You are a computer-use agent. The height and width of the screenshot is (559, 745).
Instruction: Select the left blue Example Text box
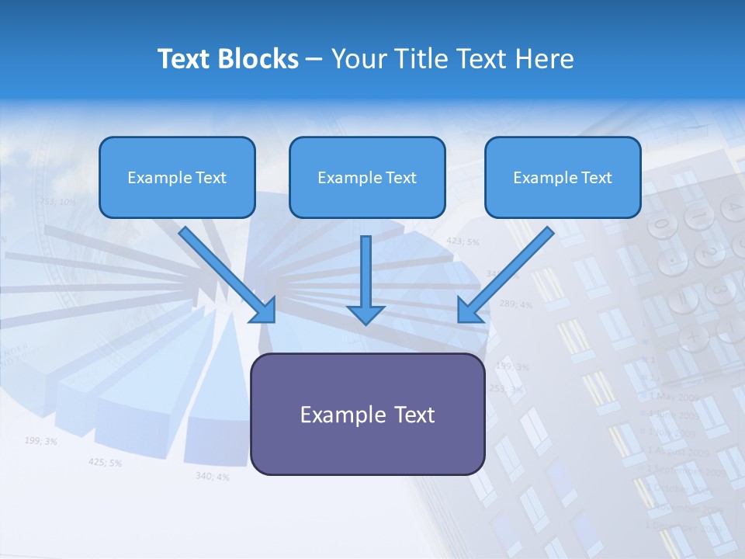click(x=177, y=178)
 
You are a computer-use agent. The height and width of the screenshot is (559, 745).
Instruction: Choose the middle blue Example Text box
click(x=367, y=178)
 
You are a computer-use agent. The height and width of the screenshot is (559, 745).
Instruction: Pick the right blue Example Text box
click(x=563, y=178)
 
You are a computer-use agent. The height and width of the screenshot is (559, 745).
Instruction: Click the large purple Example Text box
click(x=367, y=415)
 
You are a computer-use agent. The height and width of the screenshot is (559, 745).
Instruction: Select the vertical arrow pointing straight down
click(x=366, y=280)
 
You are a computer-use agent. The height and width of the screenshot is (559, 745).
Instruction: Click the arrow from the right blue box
click(x=505, y=274)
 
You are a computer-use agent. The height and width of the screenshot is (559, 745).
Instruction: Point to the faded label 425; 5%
click(x=105, y=463)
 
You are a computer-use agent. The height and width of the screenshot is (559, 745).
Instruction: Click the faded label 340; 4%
click(x=212, y=476)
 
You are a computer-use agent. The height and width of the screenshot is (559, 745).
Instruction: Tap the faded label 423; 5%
click(x=463, y=241)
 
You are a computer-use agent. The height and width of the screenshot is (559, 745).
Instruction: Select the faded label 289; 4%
click(x=515, y=304)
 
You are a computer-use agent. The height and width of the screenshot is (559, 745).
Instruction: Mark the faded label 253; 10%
click(x=57, y=202)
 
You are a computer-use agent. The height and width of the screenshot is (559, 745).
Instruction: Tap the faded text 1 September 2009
click(x=686, y=470)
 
